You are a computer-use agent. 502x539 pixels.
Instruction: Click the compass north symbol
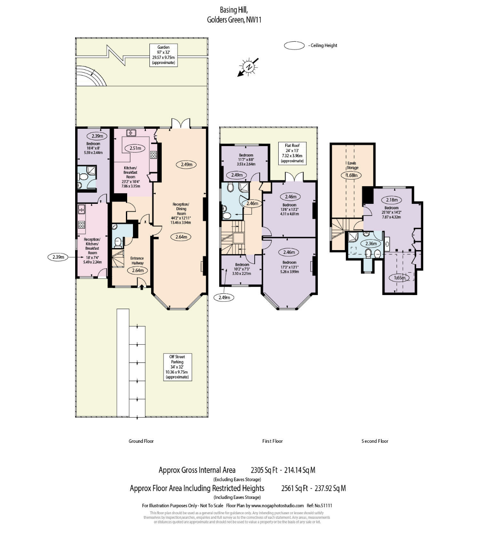pos(249,67)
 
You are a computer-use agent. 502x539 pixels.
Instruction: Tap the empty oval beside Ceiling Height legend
pos(294,45)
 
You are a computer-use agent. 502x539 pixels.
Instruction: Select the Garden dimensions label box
pos(163,55)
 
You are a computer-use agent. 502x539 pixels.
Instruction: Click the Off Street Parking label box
pos(177,367)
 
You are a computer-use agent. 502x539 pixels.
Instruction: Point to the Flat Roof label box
pos(292,153)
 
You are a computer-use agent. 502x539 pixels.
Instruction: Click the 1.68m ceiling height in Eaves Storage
pos(352,175)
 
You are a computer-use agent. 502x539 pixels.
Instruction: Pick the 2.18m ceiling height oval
pos(391,200)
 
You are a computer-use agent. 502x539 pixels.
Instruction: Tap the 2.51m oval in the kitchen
pos(135,148)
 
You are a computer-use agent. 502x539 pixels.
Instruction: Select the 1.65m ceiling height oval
pos(400,278)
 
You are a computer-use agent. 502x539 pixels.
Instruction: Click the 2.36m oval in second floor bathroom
pos(371,243)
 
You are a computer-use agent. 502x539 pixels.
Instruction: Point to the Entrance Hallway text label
pos(137,260)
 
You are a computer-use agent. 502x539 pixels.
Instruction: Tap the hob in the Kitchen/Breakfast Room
pos(154,155)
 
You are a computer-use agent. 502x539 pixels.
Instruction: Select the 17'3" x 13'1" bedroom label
pos(289,267)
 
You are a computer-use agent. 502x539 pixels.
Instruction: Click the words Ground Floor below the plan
pos(141,441)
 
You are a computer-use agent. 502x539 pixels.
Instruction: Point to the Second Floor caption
pos(375,441)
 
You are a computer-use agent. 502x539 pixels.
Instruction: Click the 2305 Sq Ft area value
pos(264,470)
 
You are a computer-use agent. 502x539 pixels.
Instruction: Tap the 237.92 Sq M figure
pos(330,488)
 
